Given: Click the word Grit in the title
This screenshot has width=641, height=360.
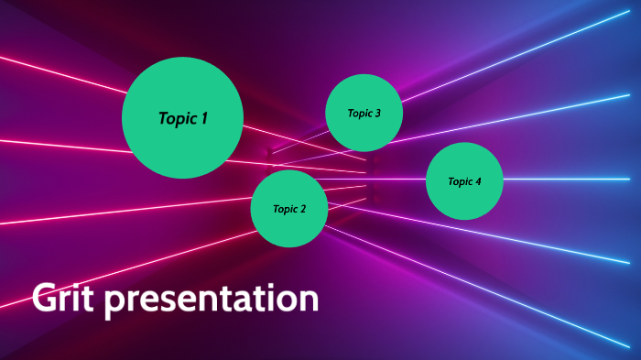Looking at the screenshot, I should (x=62, y=299).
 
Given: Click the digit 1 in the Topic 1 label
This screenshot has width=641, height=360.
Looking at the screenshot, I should (x=204, y=118).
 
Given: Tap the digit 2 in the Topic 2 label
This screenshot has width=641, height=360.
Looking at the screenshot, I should (x=302, y=209).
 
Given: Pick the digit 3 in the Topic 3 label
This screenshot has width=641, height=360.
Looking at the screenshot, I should (x=376, y=114).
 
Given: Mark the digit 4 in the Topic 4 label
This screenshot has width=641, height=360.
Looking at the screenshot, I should (x=477, y=181).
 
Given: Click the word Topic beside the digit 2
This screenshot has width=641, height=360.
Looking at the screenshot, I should (x=284, y=210).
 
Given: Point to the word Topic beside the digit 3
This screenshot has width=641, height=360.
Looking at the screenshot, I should (x=358, y=114).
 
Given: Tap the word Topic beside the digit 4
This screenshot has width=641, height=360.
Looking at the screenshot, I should (x=459, y=181).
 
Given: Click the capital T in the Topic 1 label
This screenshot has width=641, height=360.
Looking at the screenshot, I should (x=163, y=118).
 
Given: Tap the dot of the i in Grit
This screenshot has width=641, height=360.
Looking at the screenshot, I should (x=77, y=286).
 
